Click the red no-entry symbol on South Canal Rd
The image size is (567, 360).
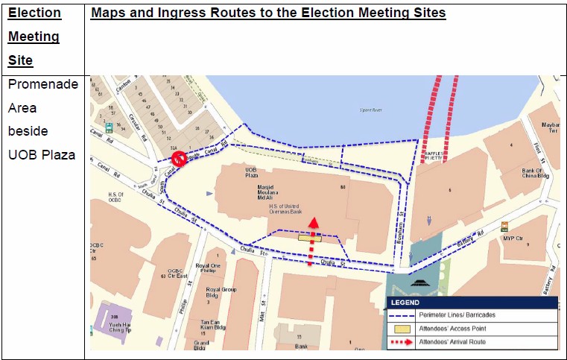pos(179,159)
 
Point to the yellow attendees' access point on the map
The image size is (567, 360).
pos(310,239)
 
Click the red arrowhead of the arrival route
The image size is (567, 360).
pos(314,222)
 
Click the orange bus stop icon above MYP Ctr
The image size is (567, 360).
pos(504,226)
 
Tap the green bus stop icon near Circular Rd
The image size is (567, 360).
pos(109,127)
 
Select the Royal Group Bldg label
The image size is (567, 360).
pos(221,293)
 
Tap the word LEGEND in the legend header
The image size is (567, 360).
pos(405,303)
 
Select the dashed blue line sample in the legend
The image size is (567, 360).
pos(408,315)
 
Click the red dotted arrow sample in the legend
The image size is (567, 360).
pos(408,342)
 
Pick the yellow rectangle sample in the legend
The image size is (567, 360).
pos(408,329)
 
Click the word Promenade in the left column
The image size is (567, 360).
pos(42,84)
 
